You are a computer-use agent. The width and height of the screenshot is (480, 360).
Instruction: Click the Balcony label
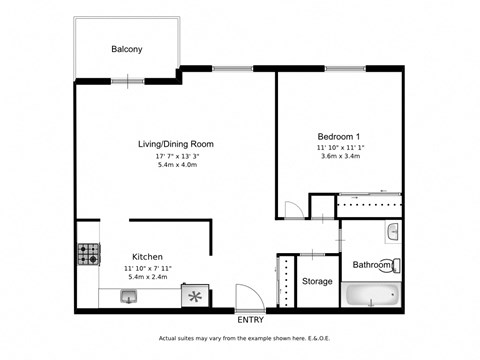pyautogui.click(x=125, y=48)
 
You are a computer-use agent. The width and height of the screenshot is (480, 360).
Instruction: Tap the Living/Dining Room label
pyautogui.click(x=175, y=144)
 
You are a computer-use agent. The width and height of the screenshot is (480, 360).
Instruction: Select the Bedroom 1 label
pyautogui.click(x=339, y=136)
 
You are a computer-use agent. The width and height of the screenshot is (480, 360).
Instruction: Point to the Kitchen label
pyautogui.click(x=147, y=257)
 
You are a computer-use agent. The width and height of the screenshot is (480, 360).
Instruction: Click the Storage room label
pyautogui.click(x=317, y=282)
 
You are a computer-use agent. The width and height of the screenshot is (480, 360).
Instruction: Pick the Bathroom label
pyautogui.click(x=372, y=265)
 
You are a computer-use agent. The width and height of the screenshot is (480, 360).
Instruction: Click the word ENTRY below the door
pyautogui.click(x=251, y=320)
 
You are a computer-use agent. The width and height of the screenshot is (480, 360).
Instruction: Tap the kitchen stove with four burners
pyautogui.click(x=89, y=255)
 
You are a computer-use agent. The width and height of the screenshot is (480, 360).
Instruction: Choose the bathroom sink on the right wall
pyautogui.click(x=393, y=232)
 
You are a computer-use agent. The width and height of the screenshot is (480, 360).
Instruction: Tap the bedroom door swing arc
pyautogui.click(x=293, y=211)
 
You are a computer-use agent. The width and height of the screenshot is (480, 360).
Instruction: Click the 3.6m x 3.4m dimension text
pyautogui.click(x=339, y=156)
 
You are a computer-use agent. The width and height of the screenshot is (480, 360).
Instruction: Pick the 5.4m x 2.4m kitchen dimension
pyautogui.click(x=147, y=277)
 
